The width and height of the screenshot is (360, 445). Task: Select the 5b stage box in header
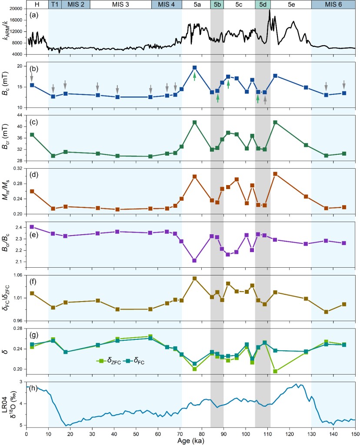click(217, 4)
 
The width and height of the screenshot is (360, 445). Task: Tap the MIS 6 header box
click(333, 4)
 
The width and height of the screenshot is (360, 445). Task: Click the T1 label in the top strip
click(54, 4)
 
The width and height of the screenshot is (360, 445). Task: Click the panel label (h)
click(34, 389)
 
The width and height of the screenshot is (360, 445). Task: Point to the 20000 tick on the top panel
click(17, 9)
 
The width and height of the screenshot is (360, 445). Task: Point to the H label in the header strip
click(37, 4)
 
